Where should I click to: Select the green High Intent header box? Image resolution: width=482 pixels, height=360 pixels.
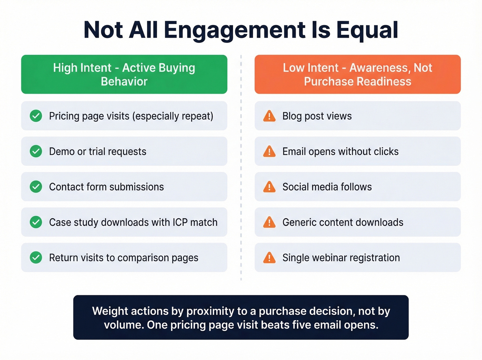point(124,74)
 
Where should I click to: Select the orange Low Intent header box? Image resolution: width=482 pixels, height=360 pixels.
point(357,74)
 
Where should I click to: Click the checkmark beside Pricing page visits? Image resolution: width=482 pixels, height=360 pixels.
point(36,116)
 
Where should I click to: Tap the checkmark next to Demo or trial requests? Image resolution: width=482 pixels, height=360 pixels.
point(36,151)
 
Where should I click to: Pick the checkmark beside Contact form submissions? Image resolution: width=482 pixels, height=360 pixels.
point(36,187)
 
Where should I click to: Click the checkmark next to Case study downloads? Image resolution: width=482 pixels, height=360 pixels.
point(36,222)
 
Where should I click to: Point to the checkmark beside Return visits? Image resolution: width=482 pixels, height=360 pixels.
point(36,258)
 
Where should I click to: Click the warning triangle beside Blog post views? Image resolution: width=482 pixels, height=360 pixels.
point(269,116)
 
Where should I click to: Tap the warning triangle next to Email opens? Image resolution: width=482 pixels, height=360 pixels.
point(269,152)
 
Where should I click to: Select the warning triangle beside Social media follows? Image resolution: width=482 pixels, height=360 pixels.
point(269,187)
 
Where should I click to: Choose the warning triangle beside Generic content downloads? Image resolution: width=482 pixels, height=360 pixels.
point(269,223)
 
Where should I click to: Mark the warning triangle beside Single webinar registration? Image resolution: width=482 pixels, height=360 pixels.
point(269,258)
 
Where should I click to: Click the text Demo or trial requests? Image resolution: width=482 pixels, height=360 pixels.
point(98,152)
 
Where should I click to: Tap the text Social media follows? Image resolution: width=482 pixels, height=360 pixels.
point(327,187)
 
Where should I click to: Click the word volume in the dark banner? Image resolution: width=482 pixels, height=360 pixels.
point(124,325)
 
